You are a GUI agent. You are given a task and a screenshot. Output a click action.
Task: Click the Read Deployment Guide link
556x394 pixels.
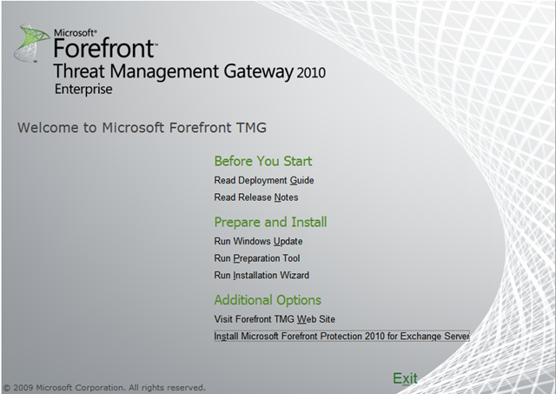pyautogui.click(x=264, y=180)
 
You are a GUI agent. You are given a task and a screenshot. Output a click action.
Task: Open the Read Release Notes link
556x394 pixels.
pyautogui.click(x=256, y=197)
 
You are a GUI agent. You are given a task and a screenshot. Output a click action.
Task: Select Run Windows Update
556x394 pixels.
pyautogui.click(x=258, y=242)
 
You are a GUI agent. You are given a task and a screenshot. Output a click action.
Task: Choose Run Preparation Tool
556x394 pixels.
pyautogui.click(x=257, y=258)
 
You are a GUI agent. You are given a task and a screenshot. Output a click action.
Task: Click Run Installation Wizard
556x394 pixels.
pyautogui.click(x=261, y=276)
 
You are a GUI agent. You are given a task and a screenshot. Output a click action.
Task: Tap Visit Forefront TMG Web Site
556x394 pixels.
pyautogui.click(x=275, y=319)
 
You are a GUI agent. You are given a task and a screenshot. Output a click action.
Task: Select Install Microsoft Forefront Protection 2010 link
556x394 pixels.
pyautogui.click(x=341, y=336)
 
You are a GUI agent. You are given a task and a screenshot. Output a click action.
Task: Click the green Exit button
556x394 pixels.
pyautogui.click(x=405, y=378)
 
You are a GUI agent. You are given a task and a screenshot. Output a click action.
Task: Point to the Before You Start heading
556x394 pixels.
pyautogui.click(x=263, y=161)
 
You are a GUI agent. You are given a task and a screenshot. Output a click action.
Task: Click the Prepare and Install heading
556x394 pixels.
pyautogui.click(x=270, y=222)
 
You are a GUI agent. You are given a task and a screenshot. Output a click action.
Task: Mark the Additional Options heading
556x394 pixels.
pyautogui.click(x=268, y=300)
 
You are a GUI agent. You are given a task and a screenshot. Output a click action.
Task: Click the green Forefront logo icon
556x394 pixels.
pyautogui.click(x=32, y=43)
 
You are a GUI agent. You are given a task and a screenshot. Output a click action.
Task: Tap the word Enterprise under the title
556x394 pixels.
pyautogui.click(x=83, y=89)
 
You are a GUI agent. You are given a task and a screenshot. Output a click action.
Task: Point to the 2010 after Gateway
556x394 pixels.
pyautogui.click(x=311, y=73)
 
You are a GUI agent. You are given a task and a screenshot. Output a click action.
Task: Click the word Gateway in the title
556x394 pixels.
pyautogui.click(x=259, y=71)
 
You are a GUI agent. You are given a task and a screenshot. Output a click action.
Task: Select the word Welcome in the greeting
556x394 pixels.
pyautogui.click(x=49, y=128)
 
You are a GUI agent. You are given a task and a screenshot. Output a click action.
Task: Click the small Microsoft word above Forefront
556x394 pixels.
pyautogui.click(x=75, y=33)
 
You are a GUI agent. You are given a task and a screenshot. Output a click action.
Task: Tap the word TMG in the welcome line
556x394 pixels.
pyautogui.click(x=251, y=128)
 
